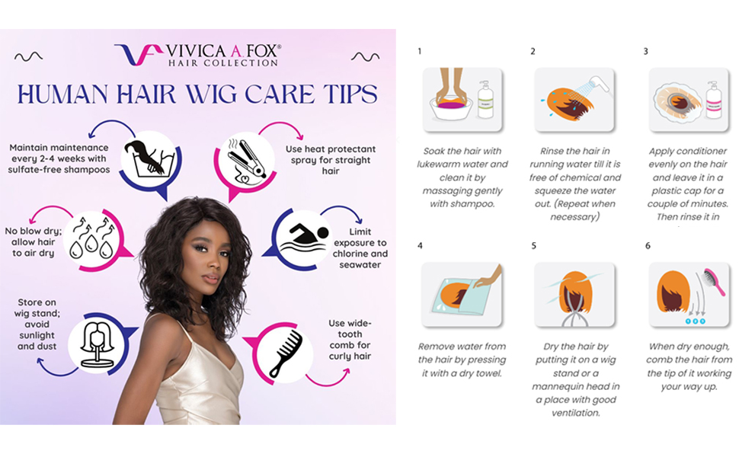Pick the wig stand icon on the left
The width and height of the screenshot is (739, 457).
click(97, 341)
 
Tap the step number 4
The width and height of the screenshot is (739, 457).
click(420, 246)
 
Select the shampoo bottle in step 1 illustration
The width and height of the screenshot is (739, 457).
click(485, 100)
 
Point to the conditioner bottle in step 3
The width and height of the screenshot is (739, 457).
click(714, 100)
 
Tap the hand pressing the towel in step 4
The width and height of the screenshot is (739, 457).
click(489, 276)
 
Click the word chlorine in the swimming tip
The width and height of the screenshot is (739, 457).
click(350, 254)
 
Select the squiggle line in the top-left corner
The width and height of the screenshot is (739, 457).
click(28, 56)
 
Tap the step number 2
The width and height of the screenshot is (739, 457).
click(533, 51)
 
